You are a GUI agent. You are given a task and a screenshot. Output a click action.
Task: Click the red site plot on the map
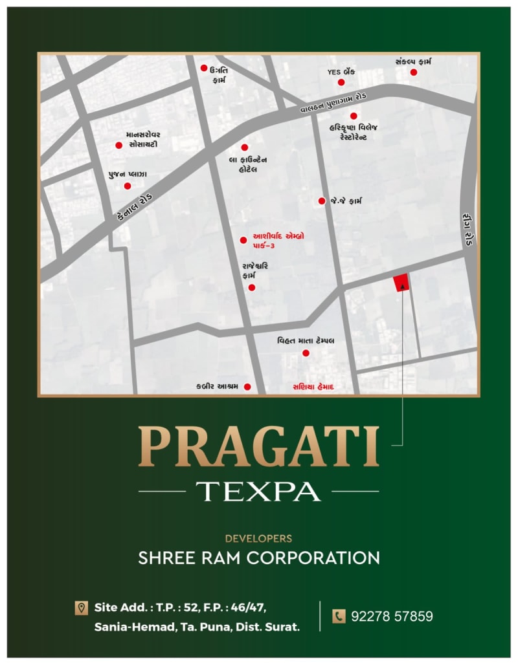[x=401, y=283]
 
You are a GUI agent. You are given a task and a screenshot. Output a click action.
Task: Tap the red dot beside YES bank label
[x=341, y=82]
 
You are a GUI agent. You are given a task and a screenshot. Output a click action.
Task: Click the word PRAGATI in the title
[x=258, y=446]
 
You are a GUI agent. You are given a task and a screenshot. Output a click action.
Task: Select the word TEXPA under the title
[x=258, y=492]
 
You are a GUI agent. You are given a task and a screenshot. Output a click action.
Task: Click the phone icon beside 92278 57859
[x=339, y=616]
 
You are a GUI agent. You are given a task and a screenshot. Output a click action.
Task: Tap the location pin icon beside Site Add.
[x=82, y=607]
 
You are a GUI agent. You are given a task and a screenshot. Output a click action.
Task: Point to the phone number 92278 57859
[x=392, y=616]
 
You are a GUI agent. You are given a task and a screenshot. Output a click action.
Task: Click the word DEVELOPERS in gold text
[x=258, y=538]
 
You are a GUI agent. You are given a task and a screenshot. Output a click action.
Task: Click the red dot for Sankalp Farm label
[x=414, y=72]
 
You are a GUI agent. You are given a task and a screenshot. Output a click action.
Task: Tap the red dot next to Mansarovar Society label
[x=118, y=146]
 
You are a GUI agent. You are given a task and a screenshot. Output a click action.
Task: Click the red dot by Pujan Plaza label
[x=128, y=186]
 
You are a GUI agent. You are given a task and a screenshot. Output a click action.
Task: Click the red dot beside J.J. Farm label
[x=322, y=201]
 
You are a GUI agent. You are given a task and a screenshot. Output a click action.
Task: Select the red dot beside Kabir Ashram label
[x=247, y=387]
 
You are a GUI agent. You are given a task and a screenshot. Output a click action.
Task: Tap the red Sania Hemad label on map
[x=313, y=387]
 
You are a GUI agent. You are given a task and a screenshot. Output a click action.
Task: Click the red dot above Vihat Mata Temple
[x=306, y=353]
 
